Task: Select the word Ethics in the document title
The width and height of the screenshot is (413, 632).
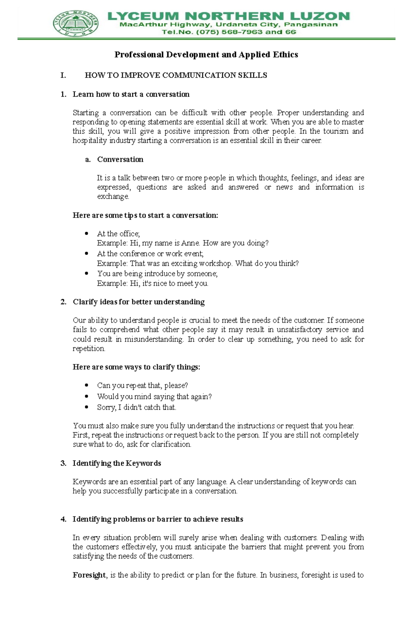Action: click(x=285, y=54)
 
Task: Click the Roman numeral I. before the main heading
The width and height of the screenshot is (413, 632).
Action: click(x=63, y=75)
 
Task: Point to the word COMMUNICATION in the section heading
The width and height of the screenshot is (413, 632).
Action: click(x=199, y=75)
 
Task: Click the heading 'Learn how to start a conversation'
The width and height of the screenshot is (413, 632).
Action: click(x=131, y=94)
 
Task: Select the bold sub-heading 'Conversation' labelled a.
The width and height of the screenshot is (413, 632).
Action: click(x=120, y=159)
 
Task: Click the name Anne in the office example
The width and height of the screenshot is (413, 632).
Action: click(x=190, y=243)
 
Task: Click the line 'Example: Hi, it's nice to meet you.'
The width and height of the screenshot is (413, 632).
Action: click(x=152, y=283)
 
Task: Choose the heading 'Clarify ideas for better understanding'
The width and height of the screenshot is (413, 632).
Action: click(x=138, y=302)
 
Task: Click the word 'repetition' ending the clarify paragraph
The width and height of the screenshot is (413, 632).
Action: click(x=88, y=349)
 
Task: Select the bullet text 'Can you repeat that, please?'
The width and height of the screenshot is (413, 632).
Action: click(x=142, y=385)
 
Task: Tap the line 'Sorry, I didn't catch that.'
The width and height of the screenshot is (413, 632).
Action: click(x=136, y=407)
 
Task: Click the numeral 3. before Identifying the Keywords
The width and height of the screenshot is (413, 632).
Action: click(x=63, y=463)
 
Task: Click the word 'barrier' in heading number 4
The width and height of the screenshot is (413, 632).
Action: click(x=169, y=519)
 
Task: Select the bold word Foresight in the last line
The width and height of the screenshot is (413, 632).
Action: click(x=89, y=575)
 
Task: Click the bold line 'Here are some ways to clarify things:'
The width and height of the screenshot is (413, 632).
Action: click(x=136, y=367)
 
